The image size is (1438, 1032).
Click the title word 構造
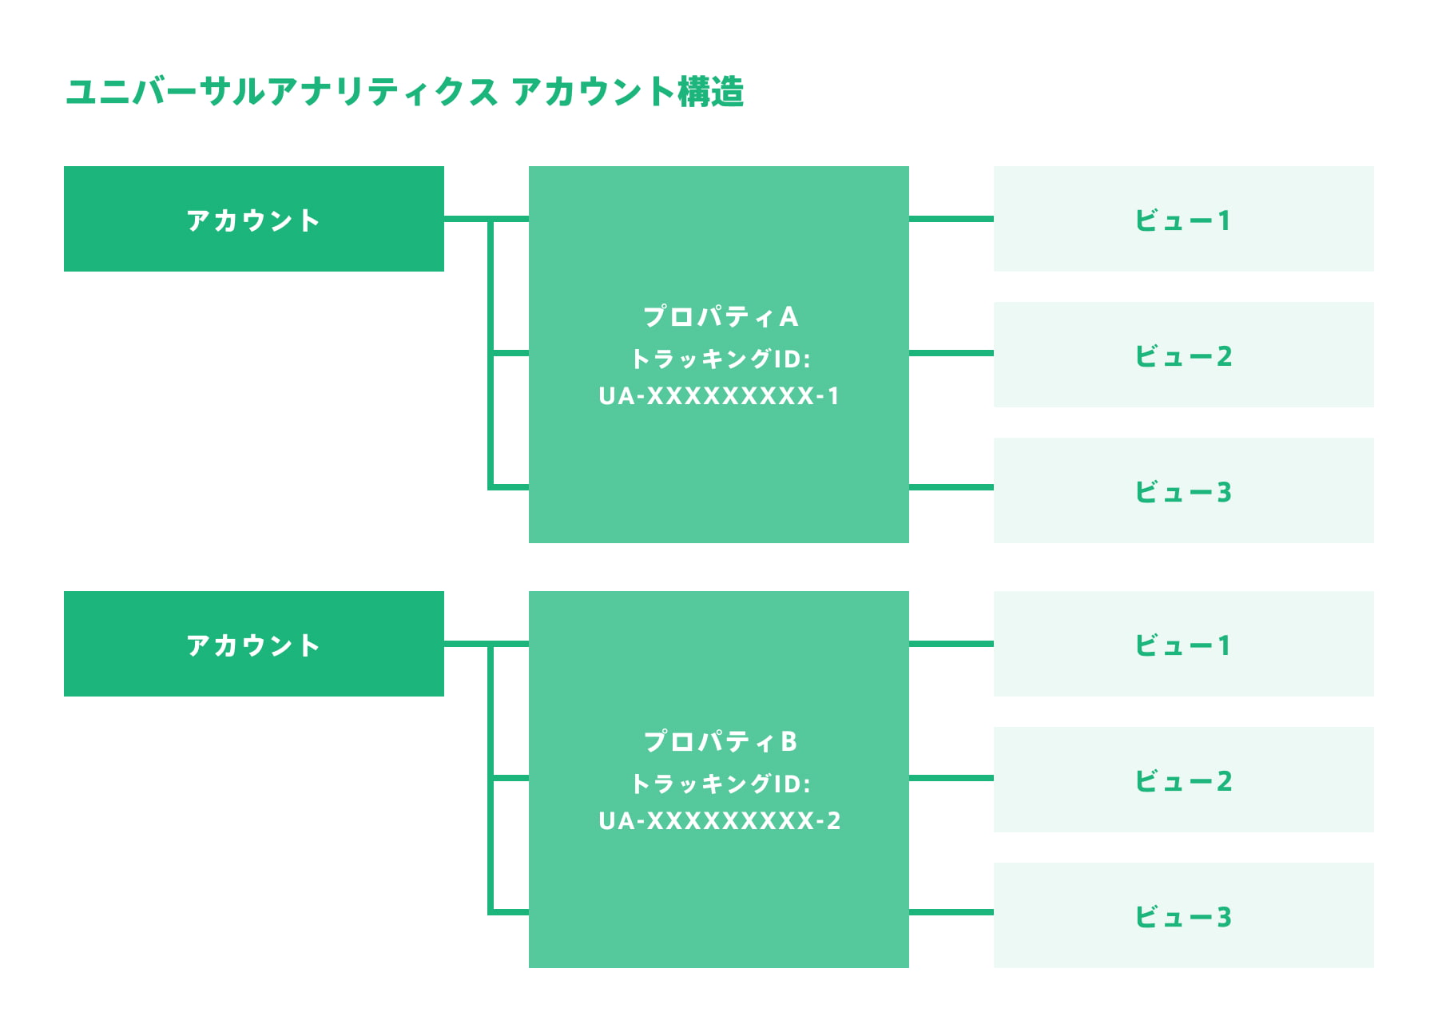(711, 92)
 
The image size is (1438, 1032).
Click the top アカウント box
(253, 219)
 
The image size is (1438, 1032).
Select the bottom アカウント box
(253, 644)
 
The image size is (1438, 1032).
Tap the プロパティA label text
(720, 316)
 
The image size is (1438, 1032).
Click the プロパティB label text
(720, 741)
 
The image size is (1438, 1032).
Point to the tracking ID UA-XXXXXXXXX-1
(719, 396)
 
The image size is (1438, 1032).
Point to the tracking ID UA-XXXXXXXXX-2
(719, 821)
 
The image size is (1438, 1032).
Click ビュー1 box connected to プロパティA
(1183, 219)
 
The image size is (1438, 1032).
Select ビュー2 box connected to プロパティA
(1183, 355)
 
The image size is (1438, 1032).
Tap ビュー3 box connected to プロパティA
(1183, 490)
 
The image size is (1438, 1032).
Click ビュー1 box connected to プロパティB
(1183, 644)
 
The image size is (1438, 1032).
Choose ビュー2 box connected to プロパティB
(1183, 780)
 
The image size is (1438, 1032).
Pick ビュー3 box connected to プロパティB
(1183, 915)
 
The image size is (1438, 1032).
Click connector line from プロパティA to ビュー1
(951, 218)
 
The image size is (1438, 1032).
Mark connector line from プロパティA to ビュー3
(951, 486)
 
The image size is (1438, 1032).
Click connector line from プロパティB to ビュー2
(951, 777)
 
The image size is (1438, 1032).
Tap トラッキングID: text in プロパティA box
(720, 359)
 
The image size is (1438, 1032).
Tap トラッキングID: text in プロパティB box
(720, 784)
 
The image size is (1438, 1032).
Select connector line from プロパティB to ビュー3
(951, 911)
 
